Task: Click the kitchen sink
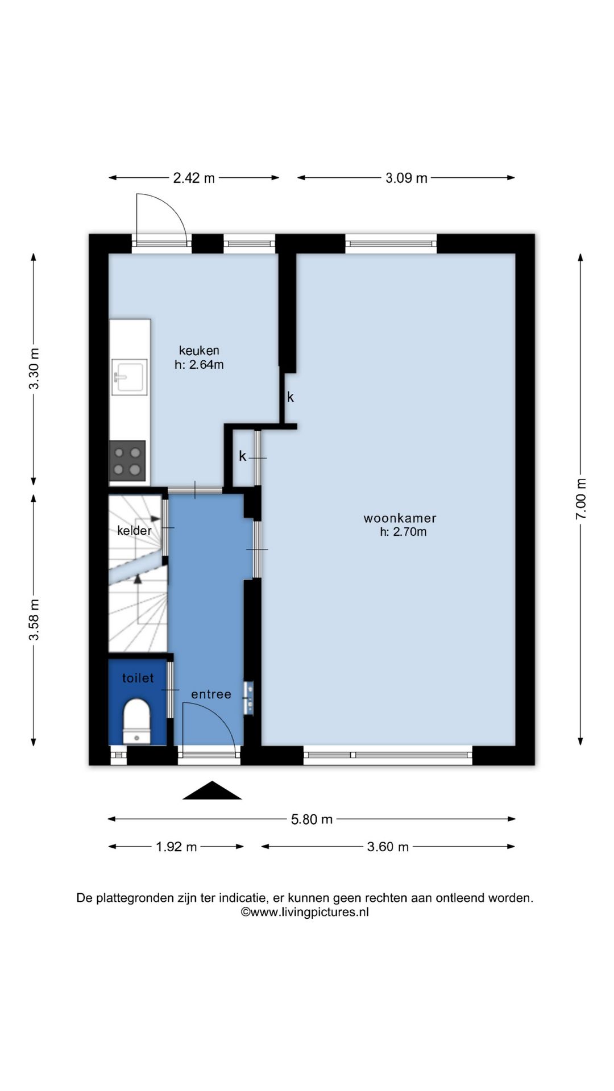130,376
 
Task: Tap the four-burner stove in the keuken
127,461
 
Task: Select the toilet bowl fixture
137,721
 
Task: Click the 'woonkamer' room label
400,518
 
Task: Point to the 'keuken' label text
199,351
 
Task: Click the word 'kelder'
134,531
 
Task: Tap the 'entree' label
211,694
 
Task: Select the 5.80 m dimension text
312,819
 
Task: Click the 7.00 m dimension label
581,498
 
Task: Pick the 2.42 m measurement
194,178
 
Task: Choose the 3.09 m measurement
406,178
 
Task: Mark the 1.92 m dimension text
176,847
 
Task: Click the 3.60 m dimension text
388,847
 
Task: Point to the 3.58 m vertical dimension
35,619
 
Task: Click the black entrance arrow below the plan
212,792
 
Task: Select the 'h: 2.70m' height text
403,532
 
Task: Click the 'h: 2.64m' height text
199,365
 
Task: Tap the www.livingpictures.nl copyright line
305,913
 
